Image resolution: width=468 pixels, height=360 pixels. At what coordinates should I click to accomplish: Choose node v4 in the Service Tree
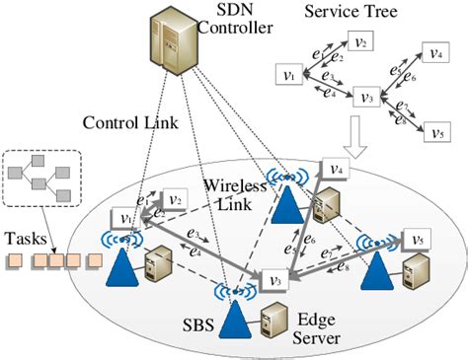(432, 55)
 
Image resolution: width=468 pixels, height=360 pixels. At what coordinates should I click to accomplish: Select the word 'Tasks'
(25, 238)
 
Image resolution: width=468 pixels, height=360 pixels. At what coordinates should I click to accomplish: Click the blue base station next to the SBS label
(234, 317)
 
